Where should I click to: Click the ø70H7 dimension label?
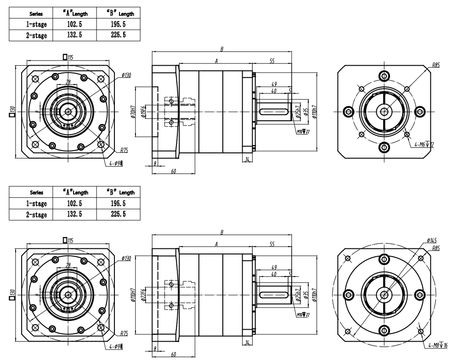pyautogui.click(x=132, y=112)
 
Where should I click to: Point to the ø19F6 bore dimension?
pyautogui.click(x=143, y=112)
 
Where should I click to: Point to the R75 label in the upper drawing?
pyautogui.click(x=124, y=150)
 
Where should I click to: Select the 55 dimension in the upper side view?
pyautogui.click(x=273, y=60)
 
